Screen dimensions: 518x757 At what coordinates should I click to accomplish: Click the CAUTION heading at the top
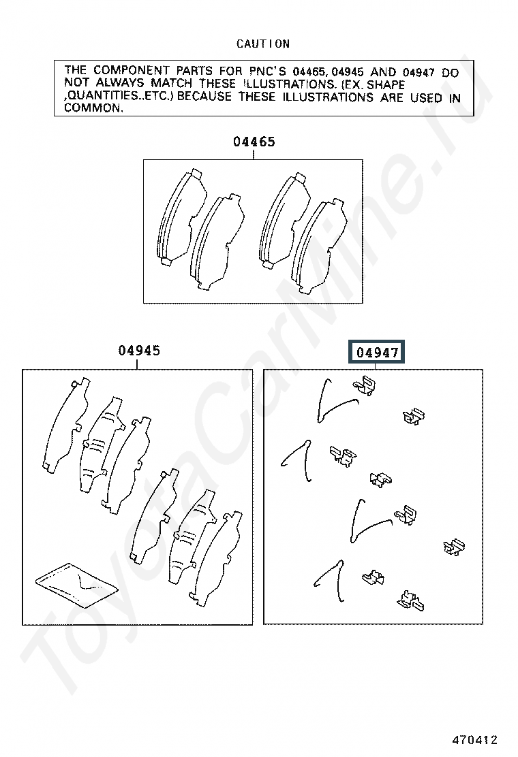(x=263, y=44)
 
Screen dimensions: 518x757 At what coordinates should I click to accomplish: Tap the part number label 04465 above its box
(x=254, y=142)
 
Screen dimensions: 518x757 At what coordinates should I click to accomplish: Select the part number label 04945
(x=139, y=351)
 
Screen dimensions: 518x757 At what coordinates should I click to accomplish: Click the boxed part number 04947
(x=377, y=353)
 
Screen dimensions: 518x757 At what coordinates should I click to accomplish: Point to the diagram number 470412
(x=475, y=739)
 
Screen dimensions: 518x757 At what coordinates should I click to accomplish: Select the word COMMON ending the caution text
(x=93, y=108)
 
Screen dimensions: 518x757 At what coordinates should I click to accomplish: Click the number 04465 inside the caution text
(x=309, y=72)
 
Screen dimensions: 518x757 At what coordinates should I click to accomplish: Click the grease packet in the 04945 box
(x=77, y=584)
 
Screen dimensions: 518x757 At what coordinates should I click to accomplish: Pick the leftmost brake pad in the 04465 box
(x=182, y=218)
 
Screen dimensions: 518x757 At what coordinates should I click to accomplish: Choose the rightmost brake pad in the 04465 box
(x=320, y=246)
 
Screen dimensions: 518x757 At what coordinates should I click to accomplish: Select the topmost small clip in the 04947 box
(x=365, y=385)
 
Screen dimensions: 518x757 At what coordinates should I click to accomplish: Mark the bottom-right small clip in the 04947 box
(x=411, y=600)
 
